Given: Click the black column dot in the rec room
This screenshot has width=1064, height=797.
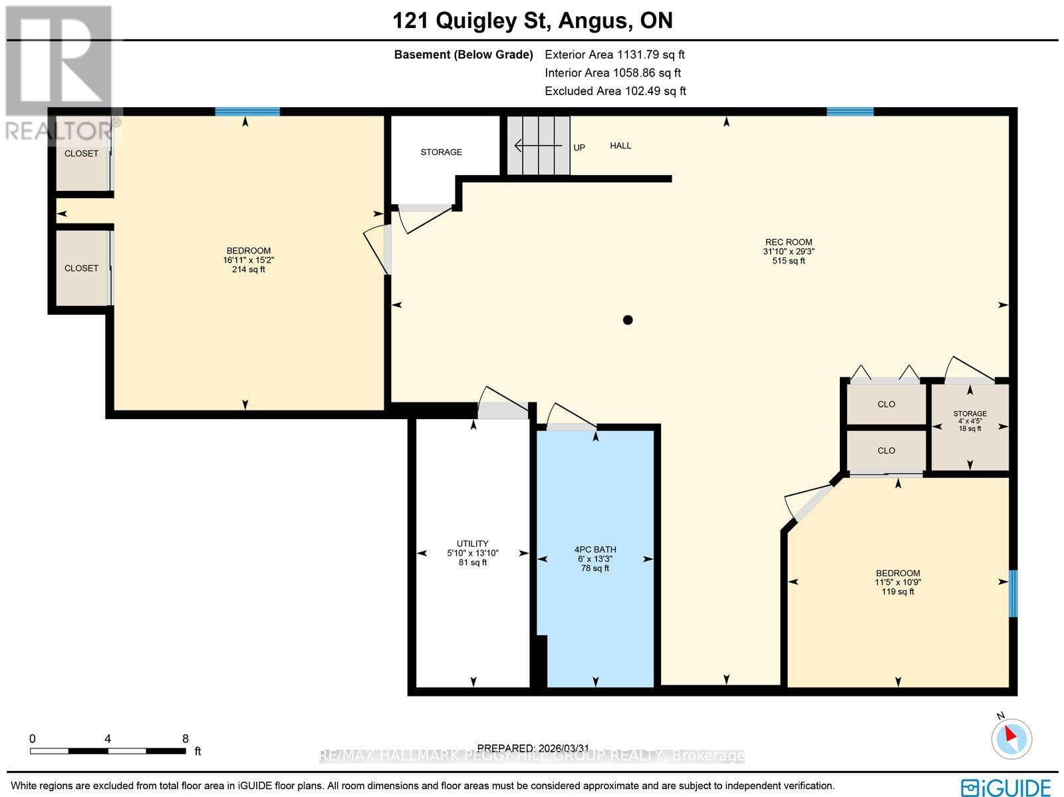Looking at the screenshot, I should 627,320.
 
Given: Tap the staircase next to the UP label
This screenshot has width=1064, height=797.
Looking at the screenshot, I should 539,146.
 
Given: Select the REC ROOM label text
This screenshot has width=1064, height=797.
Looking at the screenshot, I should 788,243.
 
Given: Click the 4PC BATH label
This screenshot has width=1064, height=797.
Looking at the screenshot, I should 595,550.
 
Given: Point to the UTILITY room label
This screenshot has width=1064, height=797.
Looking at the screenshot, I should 472,544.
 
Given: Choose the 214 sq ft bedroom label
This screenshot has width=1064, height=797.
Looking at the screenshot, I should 248,260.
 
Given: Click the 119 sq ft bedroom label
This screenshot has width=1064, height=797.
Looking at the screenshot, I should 898,582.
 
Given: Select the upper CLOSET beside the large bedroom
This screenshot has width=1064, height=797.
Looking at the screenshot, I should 81,154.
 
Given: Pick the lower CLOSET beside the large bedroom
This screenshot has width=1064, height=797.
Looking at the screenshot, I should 81,268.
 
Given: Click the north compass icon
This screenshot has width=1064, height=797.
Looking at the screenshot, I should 1011,738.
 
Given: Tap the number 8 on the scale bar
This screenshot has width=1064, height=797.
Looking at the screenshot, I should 186,738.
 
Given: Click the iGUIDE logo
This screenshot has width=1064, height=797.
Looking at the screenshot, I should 1005,787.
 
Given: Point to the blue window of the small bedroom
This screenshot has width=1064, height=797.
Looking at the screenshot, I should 1013,593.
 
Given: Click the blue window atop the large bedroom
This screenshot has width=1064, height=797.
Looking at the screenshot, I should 247,112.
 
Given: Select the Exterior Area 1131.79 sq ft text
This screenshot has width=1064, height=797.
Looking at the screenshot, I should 614,55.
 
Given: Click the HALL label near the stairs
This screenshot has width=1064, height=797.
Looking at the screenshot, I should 620,146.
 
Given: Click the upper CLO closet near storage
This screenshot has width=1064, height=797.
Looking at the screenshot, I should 886,404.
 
